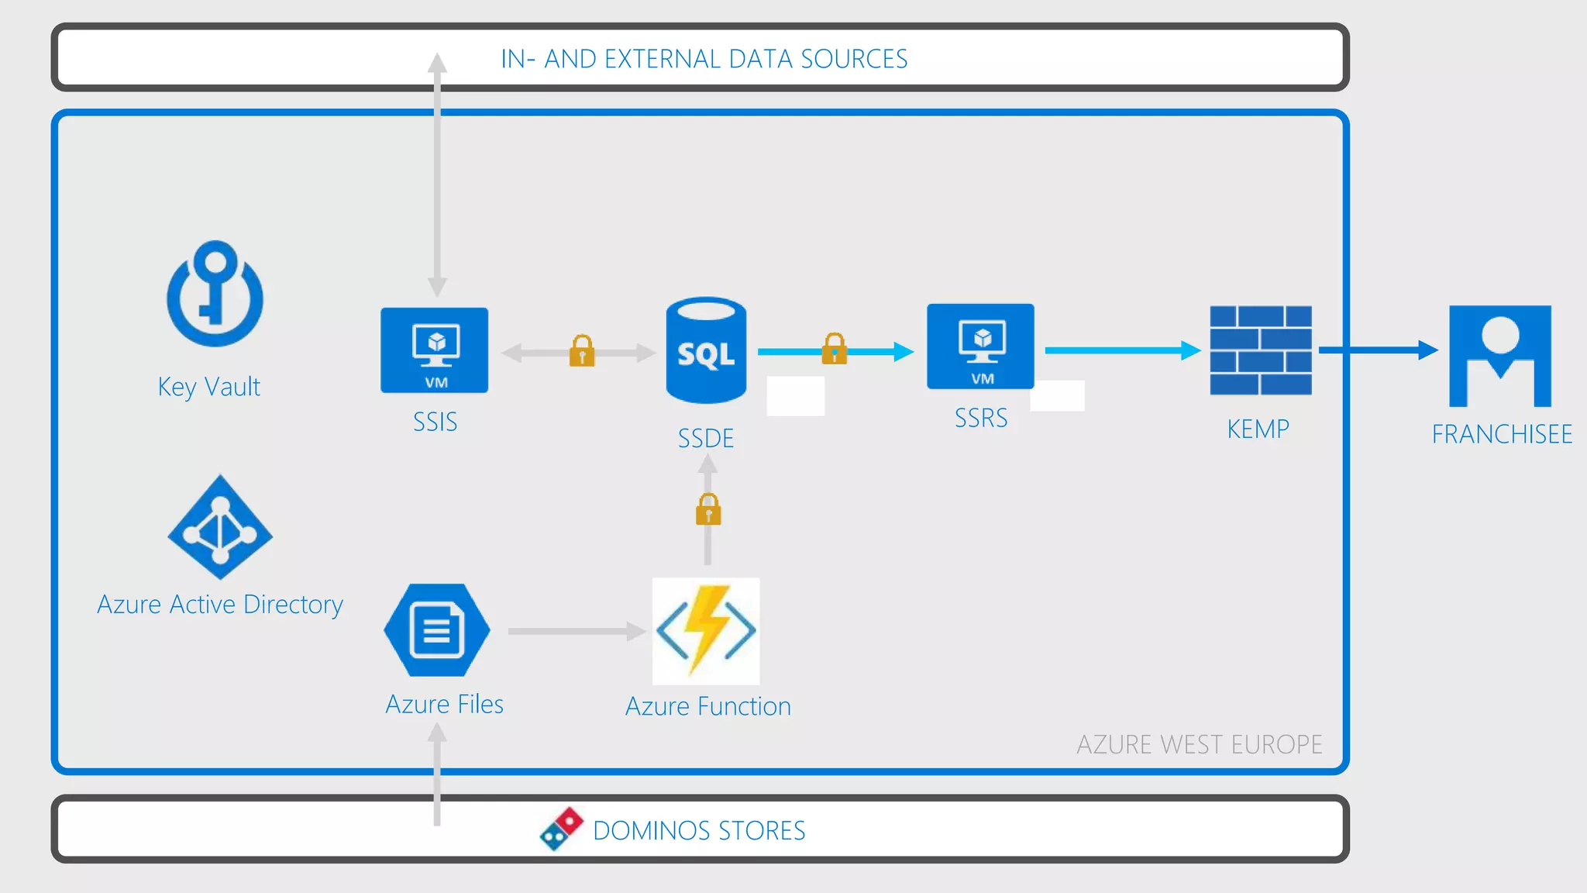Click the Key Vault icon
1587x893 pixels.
click(215, 295)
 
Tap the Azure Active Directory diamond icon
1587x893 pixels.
click(220, 528)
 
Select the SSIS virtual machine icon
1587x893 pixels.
click(435, 350)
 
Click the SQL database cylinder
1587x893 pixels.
click(706, 350)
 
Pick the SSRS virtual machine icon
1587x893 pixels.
click(980, 347)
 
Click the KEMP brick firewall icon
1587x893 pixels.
click(1261, 350)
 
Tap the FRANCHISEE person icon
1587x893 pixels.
click(1500, 356)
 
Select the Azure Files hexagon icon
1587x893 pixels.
click(437, 630)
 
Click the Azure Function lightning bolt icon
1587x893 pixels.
click(706, 631)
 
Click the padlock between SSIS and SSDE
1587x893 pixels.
click(582, 351)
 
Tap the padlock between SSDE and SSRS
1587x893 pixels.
click(835, 349)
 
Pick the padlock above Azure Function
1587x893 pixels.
click(708, 510)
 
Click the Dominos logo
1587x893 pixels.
click(562, 829)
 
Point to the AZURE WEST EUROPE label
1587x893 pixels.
click(1199, 745)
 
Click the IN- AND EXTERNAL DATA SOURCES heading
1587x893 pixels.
click(704, 59)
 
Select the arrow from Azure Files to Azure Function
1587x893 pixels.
click(577, 631)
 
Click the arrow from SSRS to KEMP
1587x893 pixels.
click(1122, 350)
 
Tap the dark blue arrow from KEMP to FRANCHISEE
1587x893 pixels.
click(1378, 350)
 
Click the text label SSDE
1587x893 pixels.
click(706, 439)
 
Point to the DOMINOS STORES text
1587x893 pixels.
click(699, 831)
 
